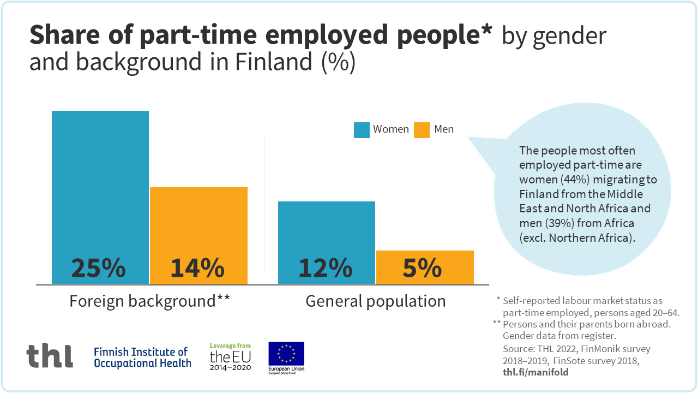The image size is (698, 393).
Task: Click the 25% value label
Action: click(99, 268)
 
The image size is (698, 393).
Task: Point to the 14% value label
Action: click(197, 268)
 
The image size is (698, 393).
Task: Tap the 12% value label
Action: click(326, 268)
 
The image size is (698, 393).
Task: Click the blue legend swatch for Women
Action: click(362, 130)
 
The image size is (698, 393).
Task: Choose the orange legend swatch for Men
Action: click(422, 130)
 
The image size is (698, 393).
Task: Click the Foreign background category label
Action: click(149, 301)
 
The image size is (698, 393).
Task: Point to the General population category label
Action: click(375, 301)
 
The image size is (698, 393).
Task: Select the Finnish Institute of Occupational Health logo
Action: click(142, 357)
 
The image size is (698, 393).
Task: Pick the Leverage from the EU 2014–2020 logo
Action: click(230, 357)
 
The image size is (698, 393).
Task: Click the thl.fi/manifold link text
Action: click(535, 372)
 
